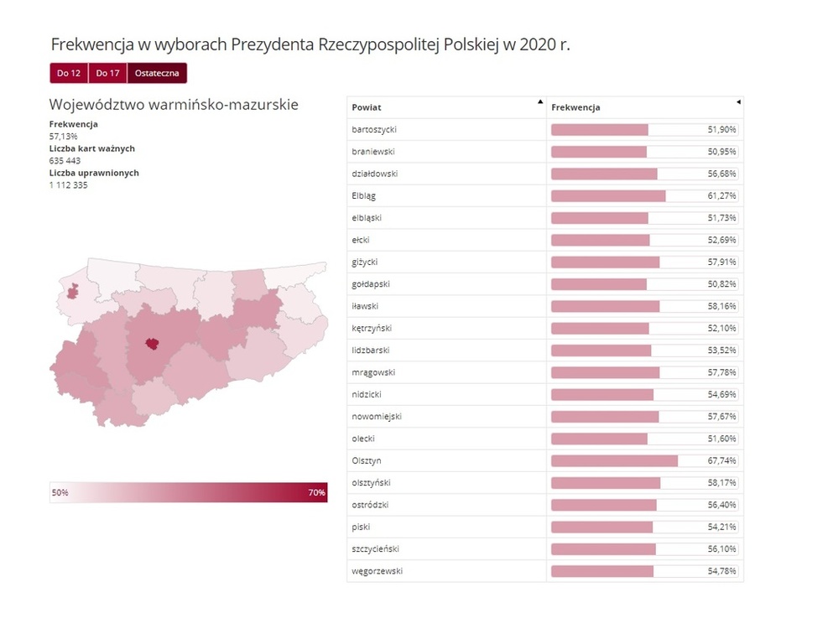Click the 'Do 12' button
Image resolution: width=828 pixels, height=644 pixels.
(69, 74)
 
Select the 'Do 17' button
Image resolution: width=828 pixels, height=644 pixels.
(107, 74)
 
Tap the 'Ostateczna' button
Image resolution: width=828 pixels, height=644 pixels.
(157, 74)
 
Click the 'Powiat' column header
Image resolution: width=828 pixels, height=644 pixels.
(367, 107)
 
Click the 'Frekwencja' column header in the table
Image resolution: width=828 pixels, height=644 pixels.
(575, 107)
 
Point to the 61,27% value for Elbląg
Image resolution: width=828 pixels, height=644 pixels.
(721, 195)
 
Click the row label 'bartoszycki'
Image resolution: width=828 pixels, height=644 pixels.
(374, 130)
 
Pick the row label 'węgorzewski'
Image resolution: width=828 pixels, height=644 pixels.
(378, 571)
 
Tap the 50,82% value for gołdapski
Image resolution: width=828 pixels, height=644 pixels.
(721, 284)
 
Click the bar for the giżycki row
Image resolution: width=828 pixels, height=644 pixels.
(605, 262)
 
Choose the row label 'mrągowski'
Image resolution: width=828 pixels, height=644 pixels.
(373, 372)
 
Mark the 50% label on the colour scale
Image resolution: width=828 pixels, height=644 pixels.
(60, 493)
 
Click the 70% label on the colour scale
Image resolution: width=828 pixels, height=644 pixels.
(316, 493)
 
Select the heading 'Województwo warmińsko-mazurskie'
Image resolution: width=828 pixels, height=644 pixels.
(174, 105)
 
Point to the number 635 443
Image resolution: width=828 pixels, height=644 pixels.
(65, 160)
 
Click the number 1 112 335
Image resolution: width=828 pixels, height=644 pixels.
(69, 184)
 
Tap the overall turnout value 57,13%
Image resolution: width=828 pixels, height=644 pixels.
(64, 136)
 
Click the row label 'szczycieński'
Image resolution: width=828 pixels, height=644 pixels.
(376, 549)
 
